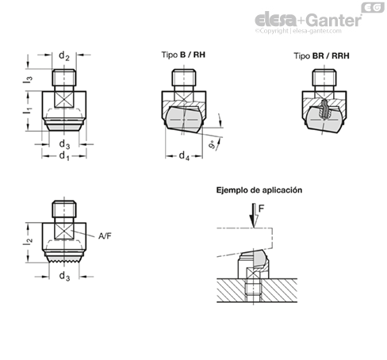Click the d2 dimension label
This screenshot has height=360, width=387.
(64, 56)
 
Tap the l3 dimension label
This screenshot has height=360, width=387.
(28, 79)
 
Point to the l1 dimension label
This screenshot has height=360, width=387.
(28, 110)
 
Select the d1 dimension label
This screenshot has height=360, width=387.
(64, 155)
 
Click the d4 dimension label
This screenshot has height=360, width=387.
(184, 155)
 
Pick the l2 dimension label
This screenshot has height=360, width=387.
(28, 241)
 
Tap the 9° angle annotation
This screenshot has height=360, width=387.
(212, 145)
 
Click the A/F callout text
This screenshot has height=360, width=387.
(105, 236)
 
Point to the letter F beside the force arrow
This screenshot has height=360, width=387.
(261, 209)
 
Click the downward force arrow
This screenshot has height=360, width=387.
(254, 215)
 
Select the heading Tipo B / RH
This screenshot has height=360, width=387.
(183, 55)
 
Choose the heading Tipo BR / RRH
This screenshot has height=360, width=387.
(321, 56)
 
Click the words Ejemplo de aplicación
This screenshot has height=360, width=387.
(259, 190)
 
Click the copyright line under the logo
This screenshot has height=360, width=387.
(298, 31)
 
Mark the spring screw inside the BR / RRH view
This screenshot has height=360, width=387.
(324, 109)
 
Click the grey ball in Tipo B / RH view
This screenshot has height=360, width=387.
(183, 120)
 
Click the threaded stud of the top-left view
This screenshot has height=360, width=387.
(64, 78)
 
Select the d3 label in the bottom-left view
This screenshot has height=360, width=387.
(64, 276)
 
